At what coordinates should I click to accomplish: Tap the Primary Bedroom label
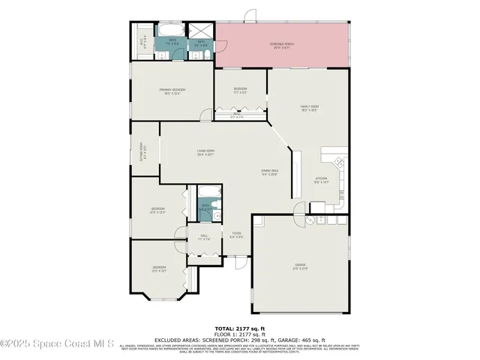pyautogui.click(x=172, y=90)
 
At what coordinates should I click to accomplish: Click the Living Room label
pyautogui.click(x=205, y=152)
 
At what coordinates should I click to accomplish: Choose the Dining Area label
pyautogui.click(x=270, y=171)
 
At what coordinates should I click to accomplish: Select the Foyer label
pyautogui.click(x=235, y=233)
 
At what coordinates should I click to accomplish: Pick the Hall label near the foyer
pyautogui.click(x=203, y=236)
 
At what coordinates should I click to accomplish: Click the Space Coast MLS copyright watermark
pyautogui.click(x=56, y=343)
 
